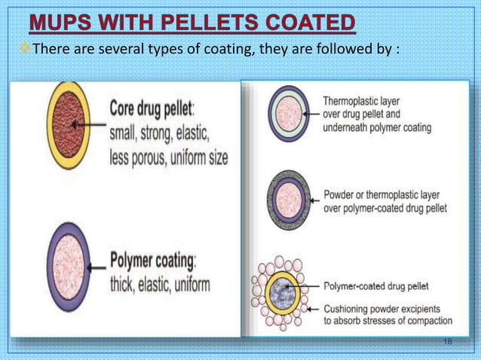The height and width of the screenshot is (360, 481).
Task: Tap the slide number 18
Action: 448,343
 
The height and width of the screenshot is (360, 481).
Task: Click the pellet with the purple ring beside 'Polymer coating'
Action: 72,264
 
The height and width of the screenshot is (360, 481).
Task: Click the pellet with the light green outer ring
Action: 287,113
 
